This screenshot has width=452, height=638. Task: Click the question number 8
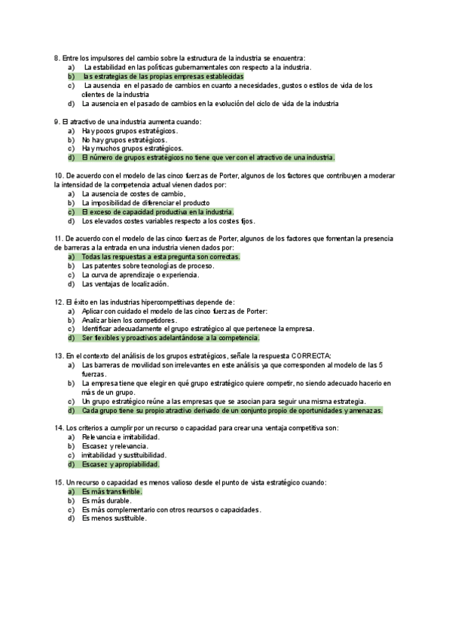pos(57,58)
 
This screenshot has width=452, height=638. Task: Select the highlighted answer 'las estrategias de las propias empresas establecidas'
pos(163,77)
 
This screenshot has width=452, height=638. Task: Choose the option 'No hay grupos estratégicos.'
pos(124,140)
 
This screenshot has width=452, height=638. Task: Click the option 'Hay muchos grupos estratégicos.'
pos(132,149)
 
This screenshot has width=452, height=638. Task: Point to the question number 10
pos(60,175)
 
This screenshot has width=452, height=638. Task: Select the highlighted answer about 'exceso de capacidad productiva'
pos(157,212)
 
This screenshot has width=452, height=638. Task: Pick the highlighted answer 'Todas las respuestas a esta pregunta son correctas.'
pos(160,257)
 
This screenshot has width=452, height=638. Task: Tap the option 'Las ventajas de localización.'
pos(125,284)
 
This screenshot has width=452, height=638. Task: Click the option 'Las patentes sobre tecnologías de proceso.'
pos(148,266)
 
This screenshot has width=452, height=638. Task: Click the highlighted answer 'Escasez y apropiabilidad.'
pos(121,464)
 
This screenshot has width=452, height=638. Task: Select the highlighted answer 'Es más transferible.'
pos(112,491)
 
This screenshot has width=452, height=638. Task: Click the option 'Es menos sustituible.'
pos(114,518)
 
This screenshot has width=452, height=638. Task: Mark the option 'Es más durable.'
pos(106,500)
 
